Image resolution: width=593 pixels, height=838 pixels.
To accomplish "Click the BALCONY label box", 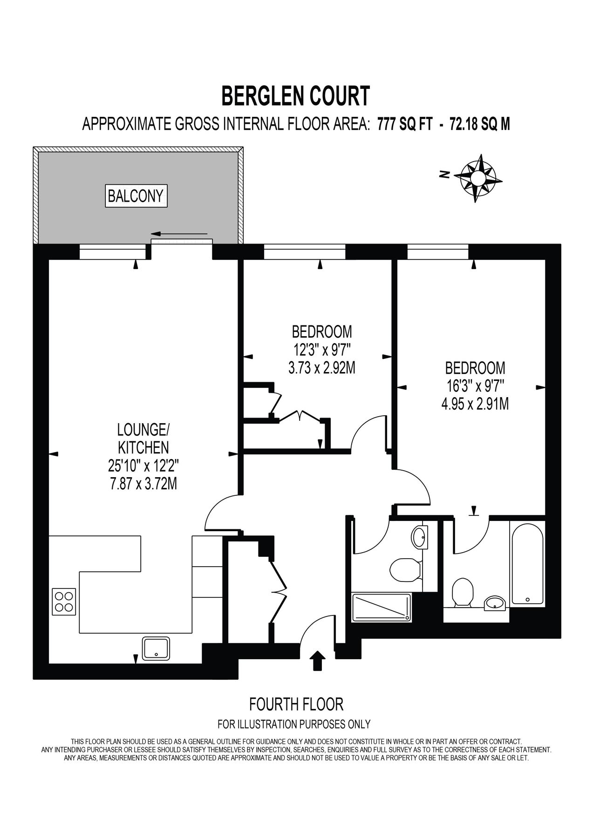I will point(136,196).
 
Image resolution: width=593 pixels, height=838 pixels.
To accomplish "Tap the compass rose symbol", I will point(478,178).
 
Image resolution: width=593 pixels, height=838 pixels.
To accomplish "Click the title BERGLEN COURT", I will point(295,96).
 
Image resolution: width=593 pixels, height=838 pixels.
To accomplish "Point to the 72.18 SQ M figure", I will point(480,124).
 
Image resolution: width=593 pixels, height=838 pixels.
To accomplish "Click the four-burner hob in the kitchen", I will point(64,601).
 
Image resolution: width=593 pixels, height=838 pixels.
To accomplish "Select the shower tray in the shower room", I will point(382,607).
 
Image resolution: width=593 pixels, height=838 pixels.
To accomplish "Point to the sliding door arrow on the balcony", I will point(179,233).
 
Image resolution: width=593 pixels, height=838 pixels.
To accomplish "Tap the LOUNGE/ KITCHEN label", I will point(143,438).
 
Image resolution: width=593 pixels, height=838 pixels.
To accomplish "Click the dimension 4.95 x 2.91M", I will point(475,404).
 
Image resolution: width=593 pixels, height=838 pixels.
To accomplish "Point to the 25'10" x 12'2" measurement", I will point(143,465).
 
